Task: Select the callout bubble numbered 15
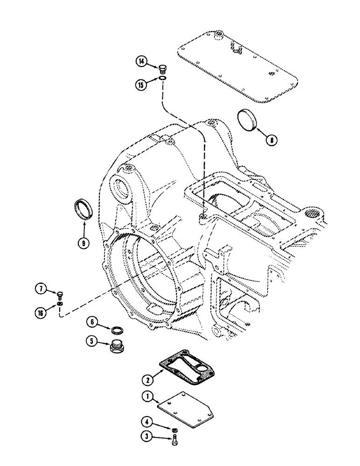click(141, 84)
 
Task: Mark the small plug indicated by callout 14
click(162, 69)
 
